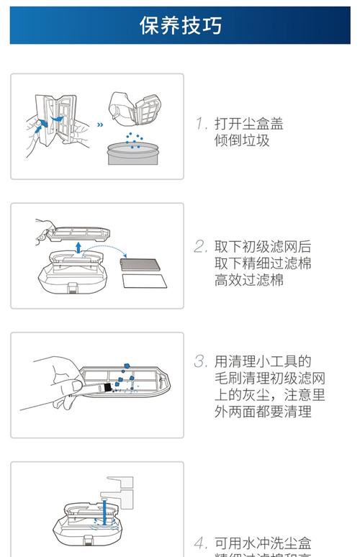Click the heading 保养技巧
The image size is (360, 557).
(180, 26)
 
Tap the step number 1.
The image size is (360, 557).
(201, 124)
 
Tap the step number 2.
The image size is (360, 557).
(200, 246)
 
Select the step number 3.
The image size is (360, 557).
(200, 361)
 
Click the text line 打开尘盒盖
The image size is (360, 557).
(249, 124)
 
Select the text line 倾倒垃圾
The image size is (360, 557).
(241, 141)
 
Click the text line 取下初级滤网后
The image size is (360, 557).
(263, 246)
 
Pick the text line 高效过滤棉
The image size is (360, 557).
(248, 280)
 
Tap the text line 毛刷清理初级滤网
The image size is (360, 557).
(270, 378)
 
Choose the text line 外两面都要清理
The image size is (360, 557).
(263, 412)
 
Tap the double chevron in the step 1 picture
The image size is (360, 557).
(100, 123)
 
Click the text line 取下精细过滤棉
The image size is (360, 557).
(263, 263)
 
